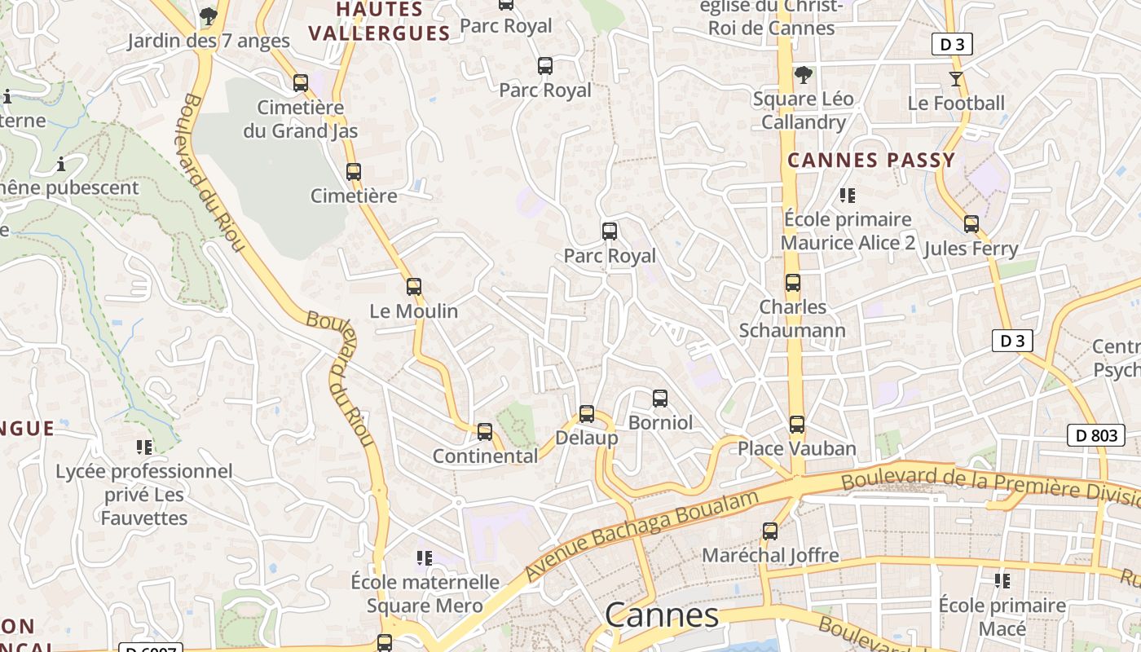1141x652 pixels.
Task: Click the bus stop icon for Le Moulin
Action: (x=414, y=287)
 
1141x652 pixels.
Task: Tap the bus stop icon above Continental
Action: (x=485, y=432)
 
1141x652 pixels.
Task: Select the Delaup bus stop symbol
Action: (x=587, y=414)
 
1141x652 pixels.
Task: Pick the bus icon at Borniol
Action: (x=660, y=399)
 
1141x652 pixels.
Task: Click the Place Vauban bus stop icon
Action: (x=797, y=425)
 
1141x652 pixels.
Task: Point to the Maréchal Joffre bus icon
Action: (x=770, y=531)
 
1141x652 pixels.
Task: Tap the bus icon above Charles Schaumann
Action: (x=793, y=283)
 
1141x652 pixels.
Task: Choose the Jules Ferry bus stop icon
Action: (x=971, y=224)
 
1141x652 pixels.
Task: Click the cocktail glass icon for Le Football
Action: (x=956, y=79)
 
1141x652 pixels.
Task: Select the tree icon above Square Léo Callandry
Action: (x=803, y=75)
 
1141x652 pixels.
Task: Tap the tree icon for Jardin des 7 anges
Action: (x=209, y=15)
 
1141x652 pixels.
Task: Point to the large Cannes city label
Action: (x=662, y=615)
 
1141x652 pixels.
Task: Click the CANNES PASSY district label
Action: (x=871, y=161)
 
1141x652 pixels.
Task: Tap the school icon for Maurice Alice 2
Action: (x=848, y=196)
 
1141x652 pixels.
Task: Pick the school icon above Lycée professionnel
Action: (x=144, y=447)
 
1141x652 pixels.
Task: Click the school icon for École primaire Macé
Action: (x=1002, y=581)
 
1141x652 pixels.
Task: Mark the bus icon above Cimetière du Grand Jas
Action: (x=301, y=82)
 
